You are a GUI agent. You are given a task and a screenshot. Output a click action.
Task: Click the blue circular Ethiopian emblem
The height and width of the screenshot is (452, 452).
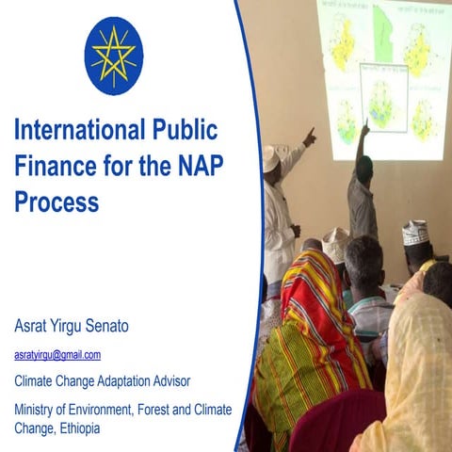pyautogui.click(x=114, y=56)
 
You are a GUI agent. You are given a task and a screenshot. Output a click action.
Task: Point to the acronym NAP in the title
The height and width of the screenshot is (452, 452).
pyautogui.click(x=199, y=165)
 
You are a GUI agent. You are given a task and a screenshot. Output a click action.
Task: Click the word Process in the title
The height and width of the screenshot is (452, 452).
pyautogui.click(x=56, y=201)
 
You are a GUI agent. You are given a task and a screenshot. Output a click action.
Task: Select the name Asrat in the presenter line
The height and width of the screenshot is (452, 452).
pyautogui.click(x=35, y=327)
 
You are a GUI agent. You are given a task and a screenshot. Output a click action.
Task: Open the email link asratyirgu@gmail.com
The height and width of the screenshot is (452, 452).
pyautogui.click(x=57, y=355)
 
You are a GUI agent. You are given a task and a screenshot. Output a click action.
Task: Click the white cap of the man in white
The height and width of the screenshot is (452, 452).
pyautogui.click(x=274, y=155)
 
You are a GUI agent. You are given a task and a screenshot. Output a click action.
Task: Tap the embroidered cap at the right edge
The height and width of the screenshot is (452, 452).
pyautogui.click(x=415, y=232)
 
